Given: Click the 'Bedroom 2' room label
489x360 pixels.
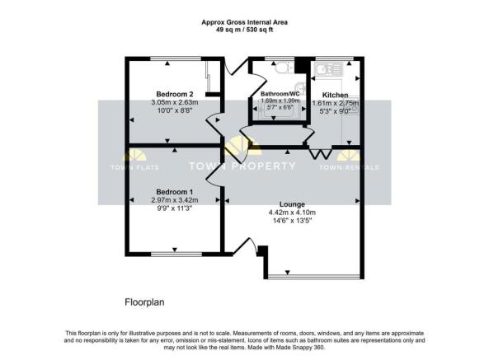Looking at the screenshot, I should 174,93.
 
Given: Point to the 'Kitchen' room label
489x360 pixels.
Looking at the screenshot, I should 335,95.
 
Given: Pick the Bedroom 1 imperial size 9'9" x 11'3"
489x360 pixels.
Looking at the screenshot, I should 174,209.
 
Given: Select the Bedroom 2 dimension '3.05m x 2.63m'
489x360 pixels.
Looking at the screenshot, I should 174,102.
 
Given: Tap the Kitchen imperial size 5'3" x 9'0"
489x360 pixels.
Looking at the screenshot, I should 335,113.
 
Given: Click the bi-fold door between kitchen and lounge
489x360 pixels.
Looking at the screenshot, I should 318,153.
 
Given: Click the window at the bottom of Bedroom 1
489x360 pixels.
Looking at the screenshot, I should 174,250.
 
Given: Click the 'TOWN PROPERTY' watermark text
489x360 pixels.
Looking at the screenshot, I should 243,166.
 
